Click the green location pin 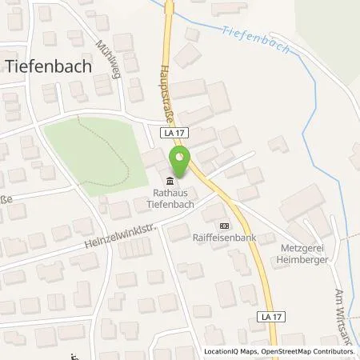point(182,162)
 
